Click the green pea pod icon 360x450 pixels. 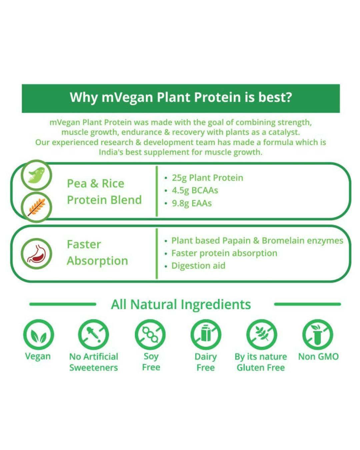click(36, 175)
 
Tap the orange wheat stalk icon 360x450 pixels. click(36, 207)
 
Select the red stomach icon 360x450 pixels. click(36, 253)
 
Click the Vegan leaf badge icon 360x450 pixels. click(38, 335)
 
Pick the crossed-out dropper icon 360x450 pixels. click(94, 335)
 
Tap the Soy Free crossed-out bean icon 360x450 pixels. click(150, 335)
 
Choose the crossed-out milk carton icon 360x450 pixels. click(206, 335)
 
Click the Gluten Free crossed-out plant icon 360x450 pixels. click(261, 335)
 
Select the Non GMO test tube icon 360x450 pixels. click(318, 335)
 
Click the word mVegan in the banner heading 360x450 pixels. click(127, 97)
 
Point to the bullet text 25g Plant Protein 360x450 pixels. click(208, 178)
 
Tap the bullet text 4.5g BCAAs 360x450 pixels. click(195, 190)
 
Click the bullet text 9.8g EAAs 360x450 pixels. click(192, 203)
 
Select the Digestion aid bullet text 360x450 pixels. click(198, 266)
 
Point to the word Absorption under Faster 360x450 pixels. click(97, 261)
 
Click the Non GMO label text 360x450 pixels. click(318, 357)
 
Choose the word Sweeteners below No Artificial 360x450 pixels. click(94, 367)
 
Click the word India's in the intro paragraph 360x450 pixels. click(111, 152)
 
